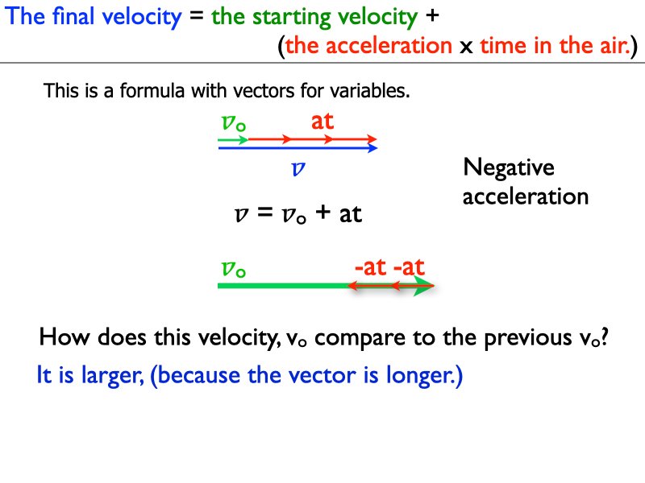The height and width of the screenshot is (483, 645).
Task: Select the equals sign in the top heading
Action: point(196,16)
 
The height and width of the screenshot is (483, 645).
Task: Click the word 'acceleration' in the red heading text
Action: point(389,45)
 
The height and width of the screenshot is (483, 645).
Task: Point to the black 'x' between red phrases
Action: point(466,47)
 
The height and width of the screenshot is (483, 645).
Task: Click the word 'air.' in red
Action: point(615,45)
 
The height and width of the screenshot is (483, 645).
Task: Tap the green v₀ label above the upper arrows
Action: point(234,122)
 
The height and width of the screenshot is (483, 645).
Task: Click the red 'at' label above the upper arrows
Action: point(322,122)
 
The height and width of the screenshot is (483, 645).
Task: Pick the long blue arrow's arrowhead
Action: point(372,148)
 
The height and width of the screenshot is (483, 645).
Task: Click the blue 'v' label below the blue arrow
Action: point(298,168)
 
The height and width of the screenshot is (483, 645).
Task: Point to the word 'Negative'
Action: point(509,168)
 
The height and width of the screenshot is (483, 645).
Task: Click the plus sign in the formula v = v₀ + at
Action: point(323,213)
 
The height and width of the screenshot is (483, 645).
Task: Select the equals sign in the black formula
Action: point(264,213)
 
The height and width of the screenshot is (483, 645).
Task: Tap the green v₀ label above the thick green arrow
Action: point(233,270)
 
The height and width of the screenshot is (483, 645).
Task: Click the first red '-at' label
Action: point(371,267)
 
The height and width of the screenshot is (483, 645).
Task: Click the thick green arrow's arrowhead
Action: point(424,286)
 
